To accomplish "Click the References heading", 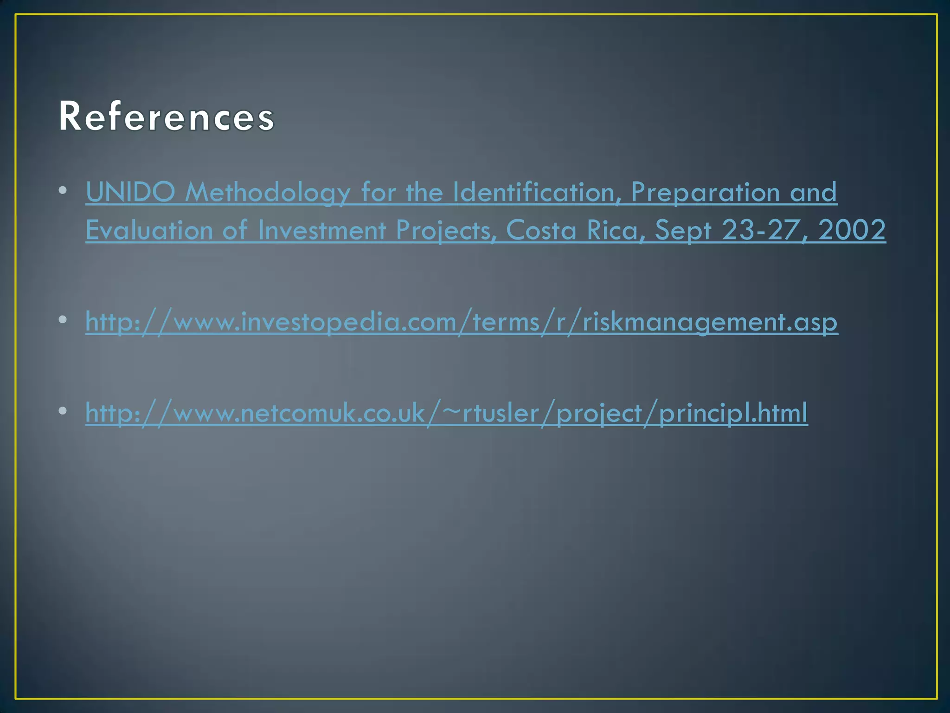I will [167, 117].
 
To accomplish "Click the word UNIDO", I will [130, 192].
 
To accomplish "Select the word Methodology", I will [268, 192].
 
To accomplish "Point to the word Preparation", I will [705, 192].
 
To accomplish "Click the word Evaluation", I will [149, 230].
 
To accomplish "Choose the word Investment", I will [321, 230].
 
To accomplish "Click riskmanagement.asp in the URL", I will [710, 322].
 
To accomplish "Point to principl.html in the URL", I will [733, 413].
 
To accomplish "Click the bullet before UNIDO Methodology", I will [63, 191].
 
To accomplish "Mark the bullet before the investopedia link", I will [63, 319].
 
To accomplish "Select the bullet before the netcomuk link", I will [63, 411].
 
